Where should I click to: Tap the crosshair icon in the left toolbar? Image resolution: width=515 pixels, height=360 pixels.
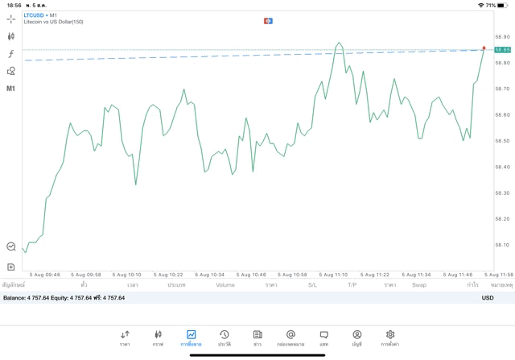coord(11,19)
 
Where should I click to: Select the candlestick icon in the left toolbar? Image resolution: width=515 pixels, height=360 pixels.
coord(11,36)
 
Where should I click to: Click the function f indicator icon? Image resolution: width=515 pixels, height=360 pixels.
coord(11,53)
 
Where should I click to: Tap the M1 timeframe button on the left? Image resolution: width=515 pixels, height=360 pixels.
coord(11,89)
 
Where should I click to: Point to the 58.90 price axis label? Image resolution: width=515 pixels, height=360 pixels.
coord(503,36)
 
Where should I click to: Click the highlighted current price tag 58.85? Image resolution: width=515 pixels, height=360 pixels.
coord(503,50)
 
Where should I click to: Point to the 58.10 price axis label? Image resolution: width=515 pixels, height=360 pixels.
coord(503,245)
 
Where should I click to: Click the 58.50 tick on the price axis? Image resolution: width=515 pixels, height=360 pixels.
coord(503,141)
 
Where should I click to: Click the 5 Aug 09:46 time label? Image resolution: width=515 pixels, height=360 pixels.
coord(43,275)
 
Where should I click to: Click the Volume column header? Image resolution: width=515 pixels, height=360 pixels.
coord(225,285)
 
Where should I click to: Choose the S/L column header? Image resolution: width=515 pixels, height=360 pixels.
coord(312,285)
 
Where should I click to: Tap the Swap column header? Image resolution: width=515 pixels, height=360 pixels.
coord(418,285)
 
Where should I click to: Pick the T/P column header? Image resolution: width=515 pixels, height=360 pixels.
coord(352,285)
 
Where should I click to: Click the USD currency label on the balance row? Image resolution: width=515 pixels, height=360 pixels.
coord(487,298)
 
